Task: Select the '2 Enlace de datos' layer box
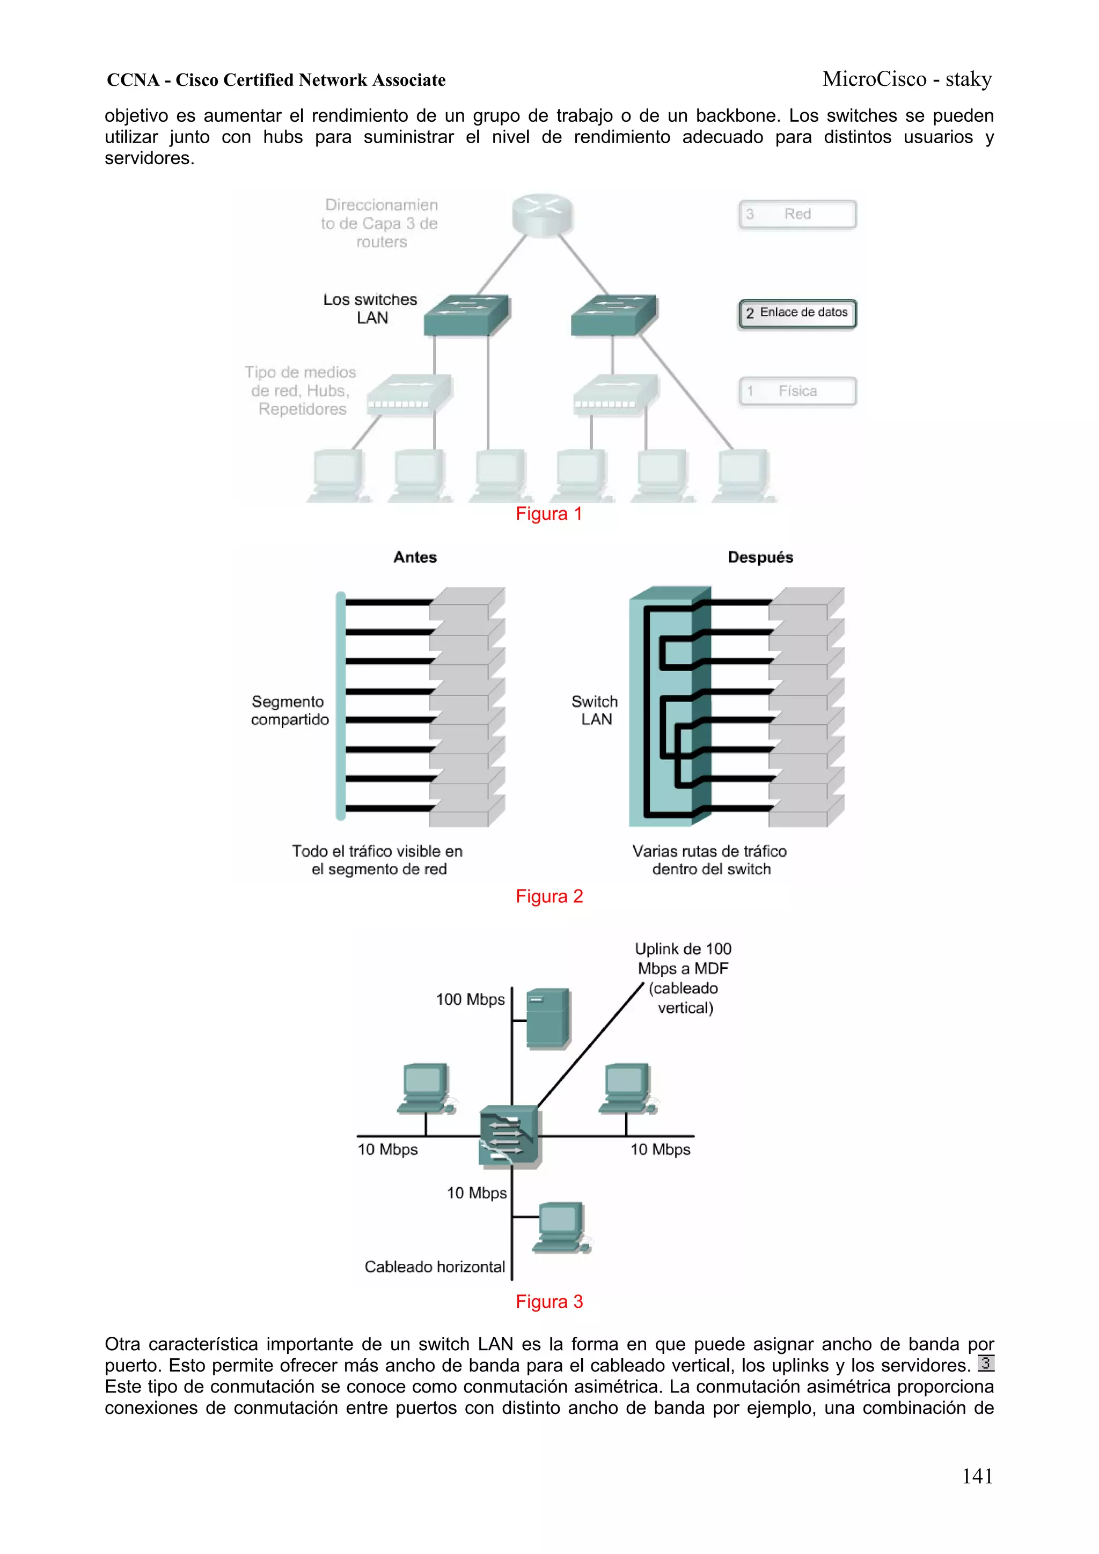[x=797, y=313]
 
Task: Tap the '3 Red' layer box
[x=797, y=215]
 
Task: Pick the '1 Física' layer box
[x=797, y=391]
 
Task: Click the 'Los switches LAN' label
[x=370, y=308]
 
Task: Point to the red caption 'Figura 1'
[x=548, y=514]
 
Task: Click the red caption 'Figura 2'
[x=548, y=896]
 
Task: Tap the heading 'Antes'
[x=415, y=557]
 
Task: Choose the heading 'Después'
[x=760, y=557]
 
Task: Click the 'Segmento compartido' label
[x=289, y=711]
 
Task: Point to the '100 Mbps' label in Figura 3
[x=470, y=1000]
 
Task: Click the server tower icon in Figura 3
[x=548, y=1018]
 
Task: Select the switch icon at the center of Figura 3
[x=509, y=1137]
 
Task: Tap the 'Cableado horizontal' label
[x=434, y=1267]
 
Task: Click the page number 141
[x=977, y=1476]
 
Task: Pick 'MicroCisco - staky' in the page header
[x=907, y=79]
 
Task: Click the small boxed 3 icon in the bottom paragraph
[x=985, y=1364]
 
